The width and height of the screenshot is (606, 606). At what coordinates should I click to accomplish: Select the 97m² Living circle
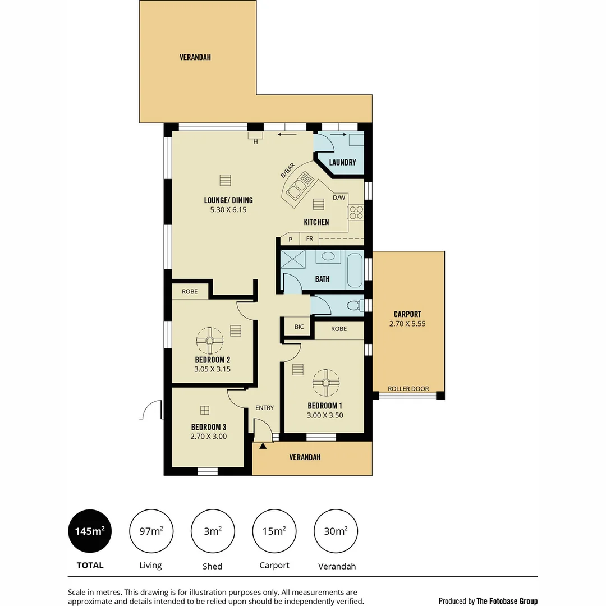[151, 531]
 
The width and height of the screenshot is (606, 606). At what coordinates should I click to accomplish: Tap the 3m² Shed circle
[213, 531]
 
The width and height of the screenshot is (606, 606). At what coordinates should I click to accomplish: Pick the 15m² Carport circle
[274, 531]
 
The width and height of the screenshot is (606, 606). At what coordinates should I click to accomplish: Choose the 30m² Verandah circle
[336, 531]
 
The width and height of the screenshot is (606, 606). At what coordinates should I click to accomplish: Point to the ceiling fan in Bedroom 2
[210, 339]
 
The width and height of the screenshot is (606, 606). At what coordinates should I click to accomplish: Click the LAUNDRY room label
[342, 163]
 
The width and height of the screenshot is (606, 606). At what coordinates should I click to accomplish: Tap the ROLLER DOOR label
[408, 389]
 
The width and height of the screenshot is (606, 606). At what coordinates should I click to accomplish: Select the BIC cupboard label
[299, 327]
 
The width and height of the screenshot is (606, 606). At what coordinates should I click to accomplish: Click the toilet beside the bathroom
[353, 306]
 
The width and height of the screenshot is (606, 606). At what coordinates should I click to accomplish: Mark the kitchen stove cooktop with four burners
[356, 212]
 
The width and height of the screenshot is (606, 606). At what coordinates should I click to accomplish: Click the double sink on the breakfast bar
[297, 187]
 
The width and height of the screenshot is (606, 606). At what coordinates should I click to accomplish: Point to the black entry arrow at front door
[263, 446]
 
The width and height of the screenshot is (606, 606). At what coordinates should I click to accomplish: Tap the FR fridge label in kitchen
[309, 238]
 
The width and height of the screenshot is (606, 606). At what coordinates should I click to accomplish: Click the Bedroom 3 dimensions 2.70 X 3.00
[209, 436]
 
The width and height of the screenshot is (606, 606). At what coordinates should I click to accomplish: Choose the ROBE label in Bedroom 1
[339, 329]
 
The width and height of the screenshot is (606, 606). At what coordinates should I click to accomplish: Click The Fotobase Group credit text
[507, 601]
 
